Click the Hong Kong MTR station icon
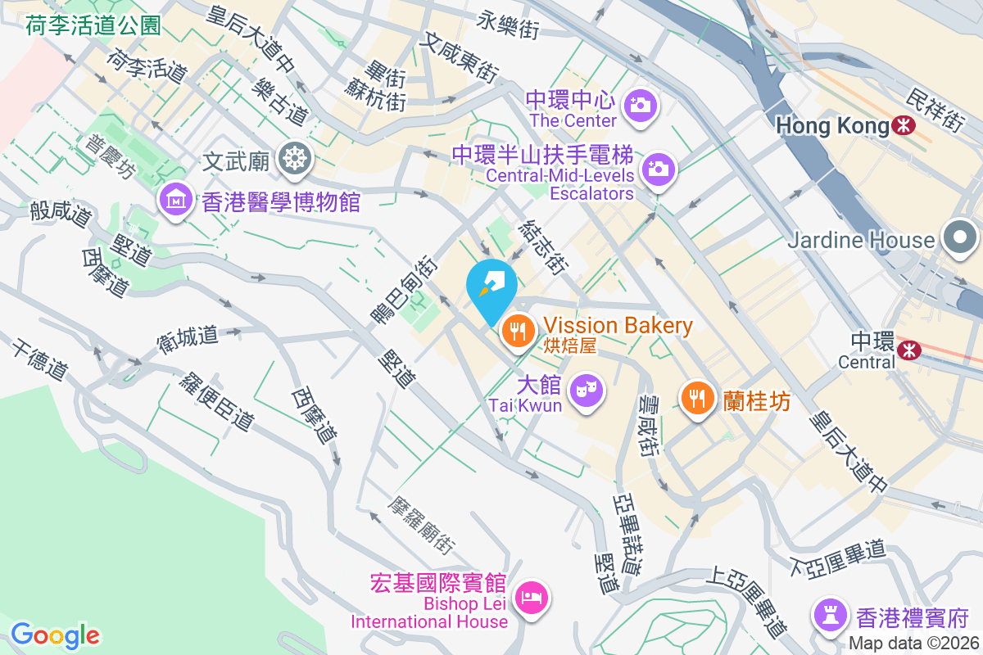(x=904, y=125)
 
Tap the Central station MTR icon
(x=908, y=350)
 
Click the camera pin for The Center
(x=638, y=106)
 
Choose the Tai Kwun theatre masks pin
(x=586, y=389)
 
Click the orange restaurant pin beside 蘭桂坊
(x=697, y=399)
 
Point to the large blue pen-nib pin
(x=491, y=287)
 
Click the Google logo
(x=55, y=635)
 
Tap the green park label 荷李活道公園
(x=93, y=26)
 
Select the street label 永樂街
(x=509, y=25)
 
